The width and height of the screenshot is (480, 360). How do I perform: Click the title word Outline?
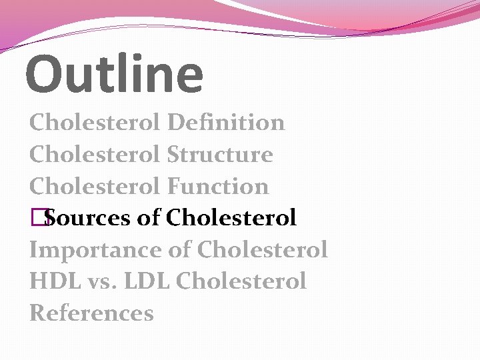(x=114, y=74)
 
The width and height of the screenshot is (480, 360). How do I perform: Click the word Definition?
(x=226, y=123)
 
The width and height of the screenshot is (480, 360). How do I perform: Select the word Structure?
(x=220, y=155)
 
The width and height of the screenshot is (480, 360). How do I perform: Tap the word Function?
(x=218, y=187)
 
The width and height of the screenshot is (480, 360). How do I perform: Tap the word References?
(x=91, y=313)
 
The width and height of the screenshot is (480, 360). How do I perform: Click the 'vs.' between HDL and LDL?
(x=99, y=282)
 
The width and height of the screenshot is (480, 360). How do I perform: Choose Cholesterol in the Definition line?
(x=95, y=123)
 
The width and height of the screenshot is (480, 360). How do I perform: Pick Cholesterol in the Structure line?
(x=95, y=155)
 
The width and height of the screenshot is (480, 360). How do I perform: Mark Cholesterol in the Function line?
(x=95, y=187)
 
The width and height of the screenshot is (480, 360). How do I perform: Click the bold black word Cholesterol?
(x=231, y=218)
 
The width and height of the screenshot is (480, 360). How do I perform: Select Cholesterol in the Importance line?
(x=263, y=250)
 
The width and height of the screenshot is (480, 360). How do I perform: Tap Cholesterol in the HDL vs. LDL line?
(x=241, y=281)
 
